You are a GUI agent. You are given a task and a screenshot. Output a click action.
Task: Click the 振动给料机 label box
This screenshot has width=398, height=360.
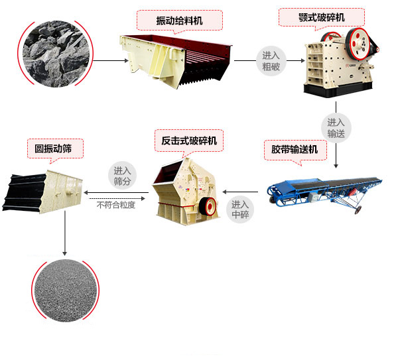pos(179,21)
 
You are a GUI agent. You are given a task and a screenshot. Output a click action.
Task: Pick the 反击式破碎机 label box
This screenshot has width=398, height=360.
pos(189,141)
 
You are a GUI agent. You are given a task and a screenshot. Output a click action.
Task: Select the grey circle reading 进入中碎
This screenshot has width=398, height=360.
pos(239,210)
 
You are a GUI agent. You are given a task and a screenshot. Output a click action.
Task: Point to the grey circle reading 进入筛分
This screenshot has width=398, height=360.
pos(122,175)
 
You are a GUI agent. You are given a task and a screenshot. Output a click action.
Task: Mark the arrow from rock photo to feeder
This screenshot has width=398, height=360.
pos(110,61)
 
